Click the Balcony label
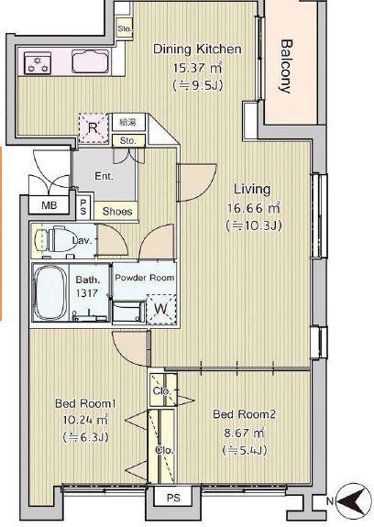[286, 66]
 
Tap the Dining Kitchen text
[197, 49]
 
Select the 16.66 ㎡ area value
[254, 208]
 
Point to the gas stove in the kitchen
[38, 63]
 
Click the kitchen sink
[91, 61]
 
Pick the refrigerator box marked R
[93, 128]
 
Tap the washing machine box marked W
[161, 309]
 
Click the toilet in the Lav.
[55, 239]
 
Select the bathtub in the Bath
[50, 292]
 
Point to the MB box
[49, 204]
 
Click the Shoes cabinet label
[117, 212]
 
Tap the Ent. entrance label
[104, 176]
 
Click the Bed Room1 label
[85, 403]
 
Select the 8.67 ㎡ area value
[244, 433]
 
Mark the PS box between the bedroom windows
[173, 498]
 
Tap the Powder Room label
[145, 278]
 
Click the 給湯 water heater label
[127, 123]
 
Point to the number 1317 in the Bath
[87, 293]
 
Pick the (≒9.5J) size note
[198, 86]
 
